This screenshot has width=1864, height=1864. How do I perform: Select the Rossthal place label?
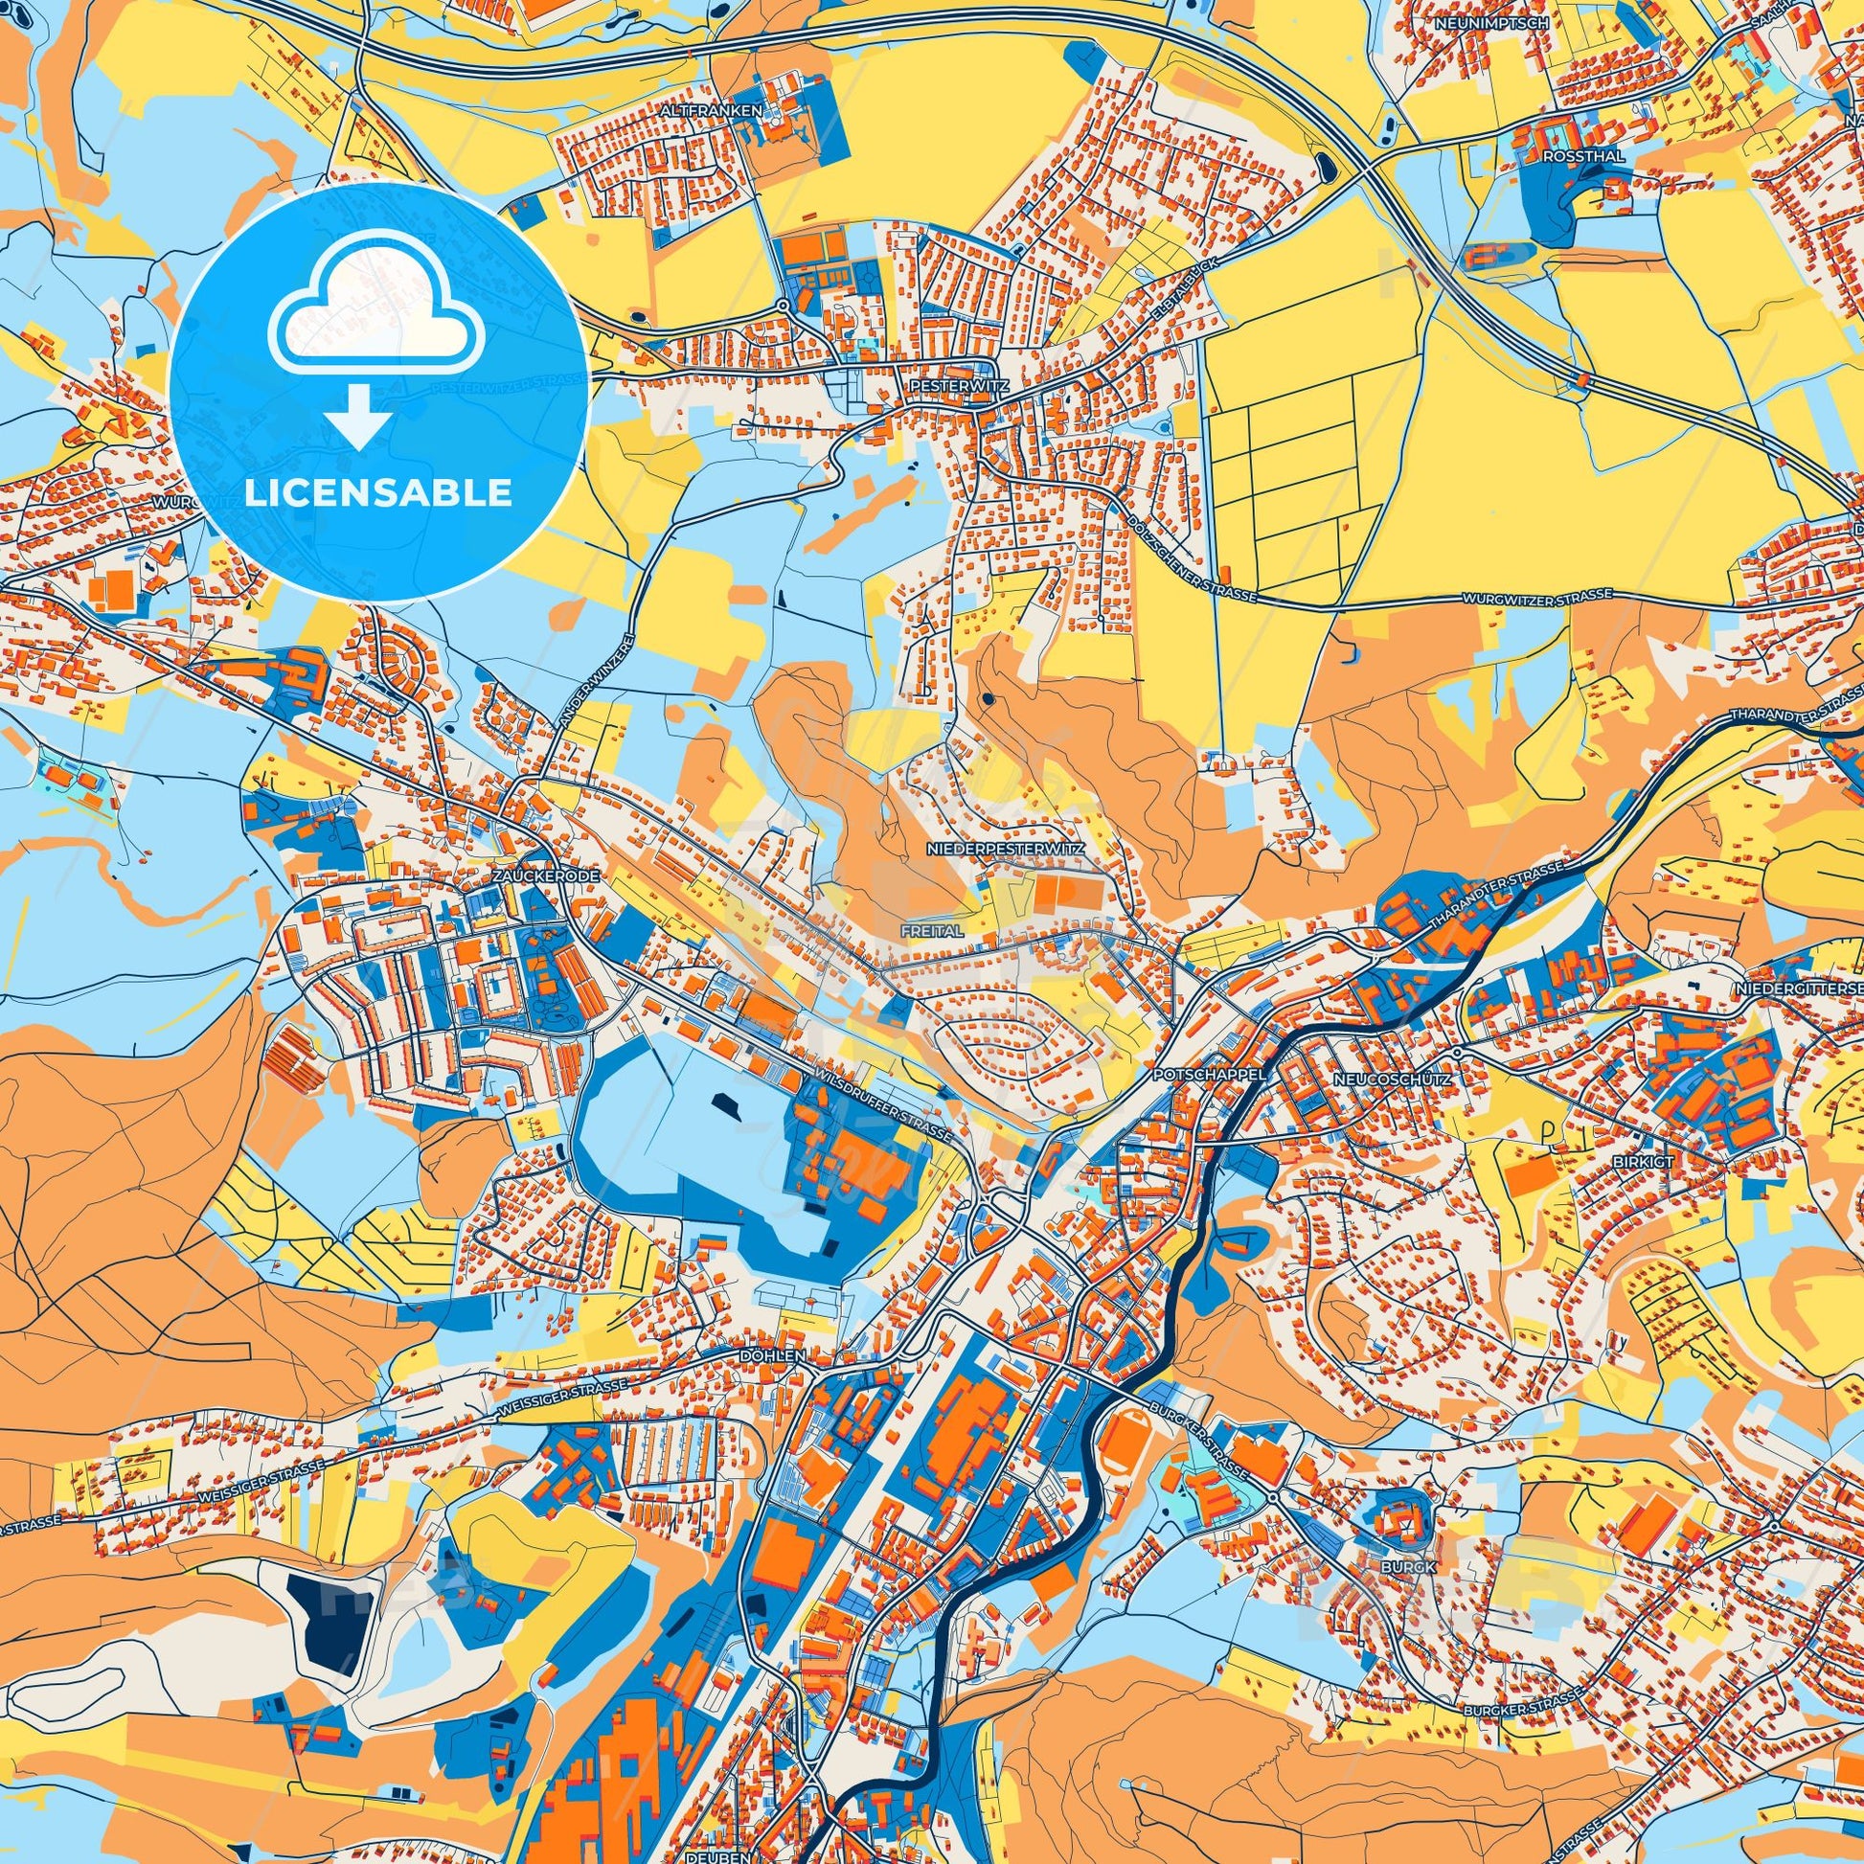click(1571, 154)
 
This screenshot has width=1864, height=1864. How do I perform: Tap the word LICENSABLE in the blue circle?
click(378, 493)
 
